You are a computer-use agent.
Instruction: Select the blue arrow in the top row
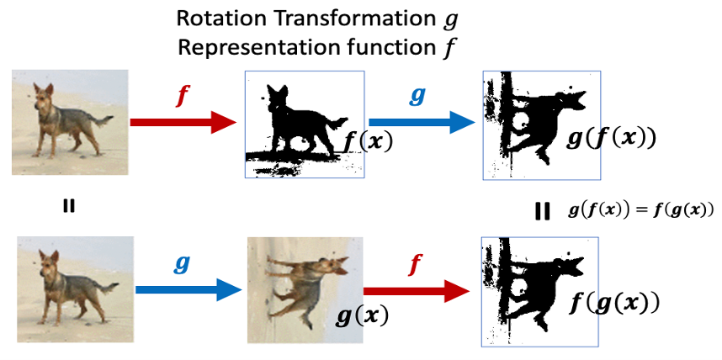point(422,123)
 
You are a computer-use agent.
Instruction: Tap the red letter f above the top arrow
point(181,95)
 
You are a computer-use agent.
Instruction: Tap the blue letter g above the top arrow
point(416,96)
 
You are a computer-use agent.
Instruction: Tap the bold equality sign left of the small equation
point(543,210)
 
